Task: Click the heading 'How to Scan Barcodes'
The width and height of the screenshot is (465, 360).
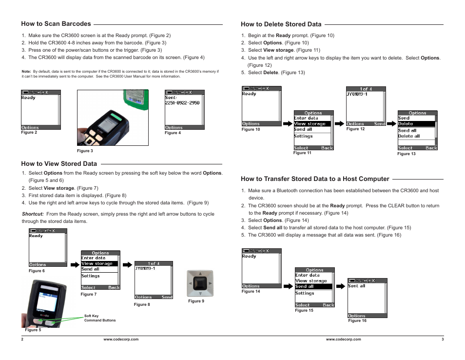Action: tap(56, 23)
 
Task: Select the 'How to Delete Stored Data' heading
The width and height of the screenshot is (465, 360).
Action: tap(281, 24)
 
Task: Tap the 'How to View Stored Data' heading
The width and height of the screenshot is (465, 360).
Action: tap(59, 164)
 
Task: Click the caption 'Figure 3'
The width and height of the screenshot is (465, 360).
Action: tap(85, 151)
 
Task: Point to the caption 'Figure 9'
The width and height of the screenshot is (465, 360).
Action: tap(196, 301)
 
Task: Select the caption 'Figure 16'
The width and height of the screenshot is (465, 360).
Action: tap(357, 320)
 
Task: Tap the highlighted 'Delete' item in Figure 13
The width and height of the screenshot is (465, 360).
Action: tap(416, 124)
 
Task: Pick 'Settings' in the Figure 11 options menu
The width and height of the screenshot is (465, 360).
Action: tap(303, 136)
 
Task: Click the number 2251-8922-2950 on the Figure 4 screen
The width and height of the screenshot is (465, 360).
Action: tap(182, 103)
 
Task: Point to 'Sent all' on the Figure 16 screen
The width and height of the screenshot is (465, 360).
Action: tap(357, 286)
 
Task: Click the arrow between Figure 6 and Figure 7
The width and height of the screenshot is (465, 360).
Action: tap(74, 264)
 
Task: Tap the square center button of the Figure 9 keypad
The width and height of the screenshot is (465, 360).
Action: tap(200, 283)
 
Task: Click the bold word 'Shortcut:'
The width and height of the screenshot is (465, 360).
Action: tap(33, 214)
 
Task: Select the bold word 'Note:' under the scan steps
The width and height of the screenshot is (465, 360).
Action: tap(26, 71)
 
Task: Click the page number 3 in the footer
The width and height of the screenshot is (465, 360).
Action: tap(442, 339)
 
